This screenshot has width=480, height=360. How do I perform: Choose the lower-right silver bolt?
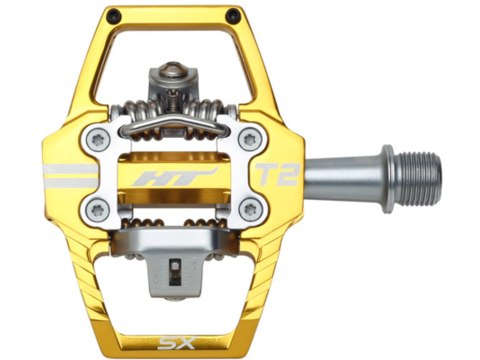point(251,209)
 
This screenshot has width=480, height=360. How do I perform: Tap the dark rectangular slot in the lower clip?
point(177,267)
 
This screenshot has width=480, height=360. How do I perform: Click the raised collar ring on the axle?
point(384,175)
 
